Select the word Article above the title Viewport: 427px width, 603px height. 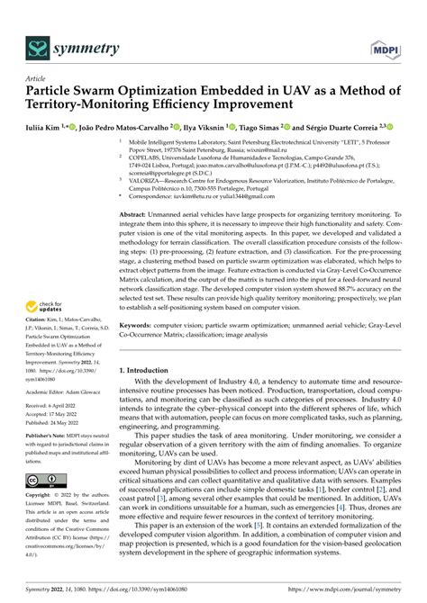coord(36,78)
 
